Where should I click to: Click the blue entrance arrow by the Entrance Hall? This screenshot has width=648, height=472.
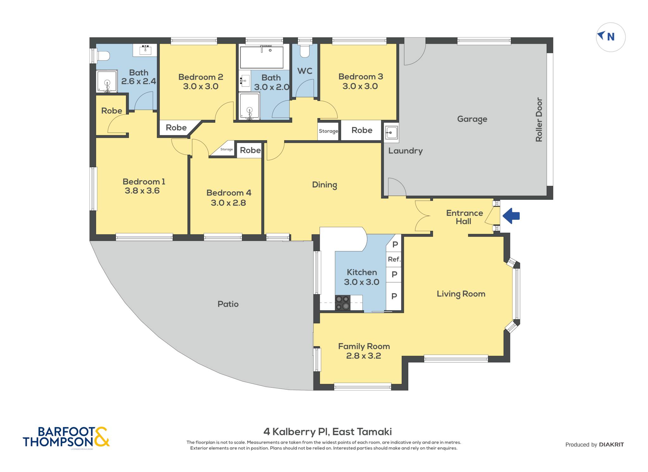(511, 216)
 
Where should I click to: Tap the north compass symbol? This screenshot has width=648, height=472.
(611, 37)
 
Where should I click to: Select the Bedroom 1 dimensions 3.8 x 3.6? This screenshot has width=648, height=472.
(142, 191)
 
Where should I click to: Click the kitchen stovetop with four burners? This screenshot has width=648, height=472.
(343, 303)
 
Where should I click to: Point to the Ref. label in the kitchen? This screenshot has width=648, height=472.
(394, 259)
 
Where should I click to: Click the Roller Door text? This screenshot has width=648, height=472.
(539, 119)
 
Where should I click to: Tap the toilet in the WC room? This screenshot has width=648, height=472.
(305, 51)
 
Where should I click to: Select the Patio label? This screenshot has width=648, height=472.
(228, 304)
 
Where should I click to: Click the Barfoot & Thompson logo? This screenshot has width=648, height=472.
(66, 437)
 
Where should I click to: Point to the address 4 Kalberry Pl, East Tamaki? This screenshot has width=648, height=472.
(327, 432)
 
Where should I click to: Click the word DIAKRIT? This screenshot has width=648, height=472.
(611, 445)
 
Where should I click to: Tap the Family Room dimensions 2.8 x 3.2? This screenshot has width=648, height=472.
(364, 356)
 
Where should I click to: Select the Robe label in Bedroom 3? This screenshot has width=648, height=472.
(362, 130)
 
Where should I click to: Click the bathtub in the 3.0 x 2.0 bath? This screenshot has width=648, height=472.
(262, 57)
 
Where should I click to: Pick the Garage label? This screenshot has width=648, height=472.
(472, 119)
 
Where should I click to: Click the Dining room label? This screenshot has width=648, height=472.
(325, 185)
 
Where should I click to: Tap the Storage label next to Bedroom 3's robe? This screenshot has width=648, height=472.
(328, 131)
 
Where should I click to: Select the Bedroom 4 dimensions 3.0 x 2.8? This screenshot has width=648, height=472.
(228, 203)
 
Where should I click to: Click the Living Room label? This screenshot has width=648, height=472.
(461, 294)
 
